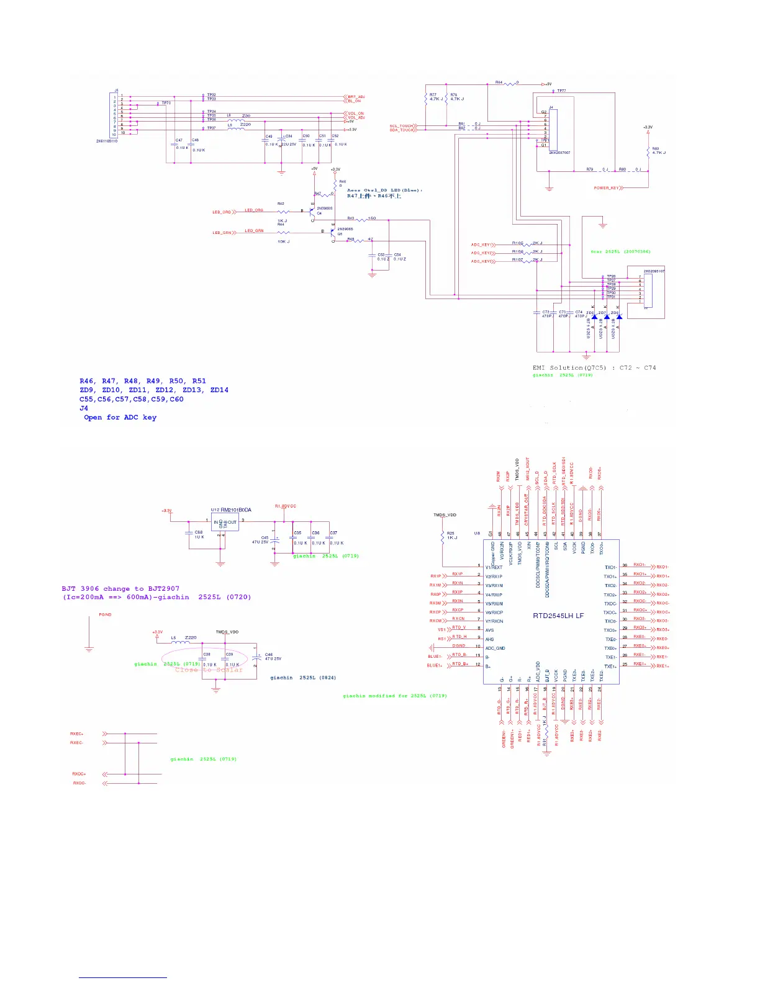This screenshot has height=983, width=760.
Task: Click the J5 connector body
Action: click(x=114, y=115)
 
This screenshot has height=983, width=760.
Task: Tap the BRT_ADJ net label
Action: click(x=356, y=97)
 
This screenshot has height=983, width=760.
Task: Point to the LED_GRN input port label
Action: click(x=222, y=233)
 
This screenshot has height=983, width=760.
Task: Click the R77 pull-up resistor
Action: click(x=427, y=98)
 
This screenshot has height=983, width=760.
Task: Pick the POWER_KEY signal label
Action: click(x=605, y=187)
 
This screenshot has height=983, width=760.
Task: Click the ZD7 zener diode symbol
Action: click(x=607, y=317)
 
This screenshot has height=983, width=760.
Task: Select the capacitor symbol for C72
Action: click(x=537, y=312)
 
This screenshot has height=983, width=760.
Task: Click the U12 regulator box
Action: click(x=225, y=523)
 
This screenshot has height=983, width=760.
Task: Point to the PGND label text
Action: click(x=105, y=614)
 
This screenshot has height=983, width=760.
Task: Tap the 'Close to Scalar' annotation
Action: click(x=209, y=670)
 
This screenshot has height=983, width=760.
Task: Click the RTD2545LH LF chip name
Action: click(x=558, y=616)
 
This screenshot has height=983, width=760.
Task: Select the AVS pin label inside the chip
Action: click(x=489, y=631)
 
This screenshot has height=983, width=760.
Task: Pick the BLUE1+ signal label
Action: click(x=434, y=665)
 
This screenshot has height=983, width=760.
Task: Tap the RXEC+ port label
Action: click(x=77, y=734)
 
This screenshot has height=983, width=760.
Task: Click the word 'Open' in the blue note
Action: click(x=93, y=418)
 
